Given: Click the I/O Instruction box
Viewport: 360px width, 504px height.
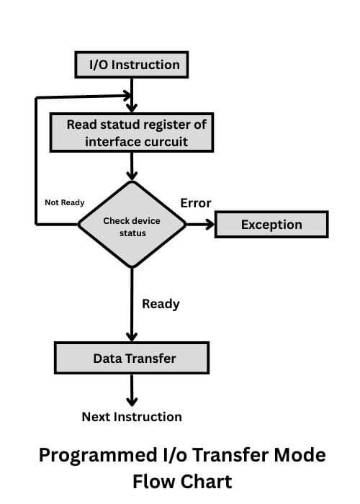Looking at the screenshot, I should click(x=132, y=65).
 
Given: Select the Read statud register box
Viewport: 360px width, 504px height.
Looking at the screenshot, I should click(x=131, y=132).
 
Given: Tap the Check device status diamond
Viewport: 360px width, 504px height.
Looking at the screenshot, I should click(x=132, y=225).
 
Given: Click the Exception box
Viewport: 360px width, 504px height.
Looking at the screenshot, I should click(x=271, y=225).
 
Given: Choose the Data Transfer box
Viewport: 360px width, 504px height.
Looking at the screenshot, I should click(x=132, y=358).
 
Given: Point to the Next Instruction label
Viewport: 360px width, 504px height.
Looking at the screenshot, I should click(x=132, y=417).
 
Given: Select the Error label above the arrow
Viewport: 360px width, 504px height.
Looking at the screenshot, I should click(x=196, y=203).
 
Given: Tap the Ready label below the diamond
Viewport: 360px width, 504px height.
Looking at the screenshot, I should click(x=161, y=304).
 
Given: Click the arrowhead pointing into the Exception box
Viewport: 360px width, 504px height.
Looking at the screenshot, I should click(x=210, y=225).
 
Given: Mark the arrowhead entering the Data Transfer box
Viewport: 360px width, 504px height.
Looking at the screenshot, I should click(x=132, y=336).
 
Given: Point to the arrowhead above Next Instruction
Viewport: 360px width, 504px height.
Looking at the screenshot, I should click(x=132, y=401).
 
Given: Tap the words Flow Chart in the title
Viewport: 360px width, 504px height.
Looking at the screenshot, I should click(x=182, y=481).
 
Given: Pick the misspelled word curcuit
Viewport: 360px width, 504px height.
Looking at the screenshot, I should click(x=162, y=141).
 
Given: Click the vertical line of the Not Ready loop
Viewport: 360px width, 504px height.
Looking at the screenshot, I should click(x=36, y=158).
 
